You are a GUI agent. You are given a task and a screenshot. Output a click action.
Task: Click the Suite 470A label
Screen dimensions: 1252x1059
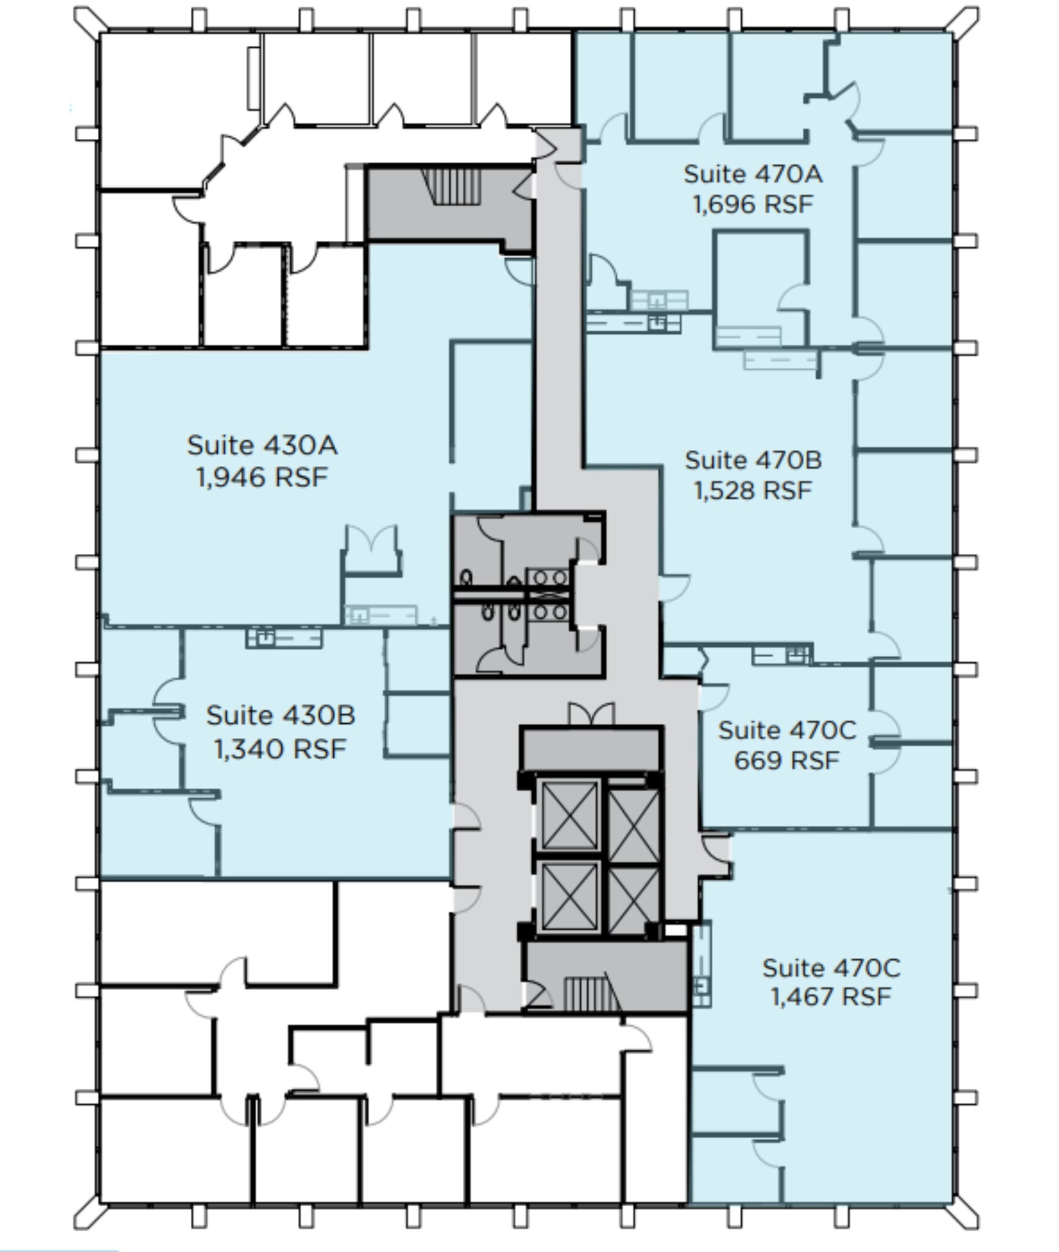753,174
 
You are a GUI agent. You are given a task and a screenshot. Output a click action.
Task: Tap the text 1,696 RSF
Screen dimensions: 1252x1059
753,205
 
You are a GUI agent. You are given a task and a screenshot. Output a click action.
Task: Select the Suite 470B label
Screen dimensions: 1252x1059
753,460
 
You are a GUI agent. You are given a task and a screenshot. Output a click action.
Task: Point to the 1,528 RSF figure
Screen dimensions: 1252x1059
753,491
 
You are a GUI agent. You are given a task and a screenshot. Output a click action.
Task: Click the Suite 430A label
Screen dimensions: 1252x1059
262,445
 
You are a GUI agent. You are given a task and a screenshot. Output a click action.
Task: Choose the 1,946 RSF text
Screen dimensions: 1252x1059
262,477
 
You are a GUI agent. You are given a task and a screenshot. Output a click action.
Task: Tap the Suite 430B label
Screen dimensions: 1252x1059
280,715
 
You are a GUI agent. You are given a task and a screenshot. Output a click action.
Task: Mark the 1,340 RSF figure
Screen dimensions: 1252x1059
280,748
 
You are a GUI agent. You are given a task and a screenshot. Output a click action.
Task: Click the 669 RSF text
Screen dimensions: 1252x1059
786,760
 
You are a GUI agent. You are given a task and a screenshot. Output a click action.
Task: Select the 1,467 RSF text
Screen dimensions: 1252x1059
830,997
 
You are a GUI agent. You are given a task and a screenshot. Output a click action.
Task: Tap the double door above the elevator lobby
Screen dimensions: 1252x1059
591,713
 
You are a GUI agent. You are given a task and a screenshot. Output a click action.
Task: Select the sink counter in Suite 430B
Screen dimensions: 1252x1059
284,638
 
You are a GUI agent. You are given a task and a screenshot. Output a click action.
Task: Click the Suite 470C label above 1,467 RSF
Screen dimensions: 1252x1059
830,968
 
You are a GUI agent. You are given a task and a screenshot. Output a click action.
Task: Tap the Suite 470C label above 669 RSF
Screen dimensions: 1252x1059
786,731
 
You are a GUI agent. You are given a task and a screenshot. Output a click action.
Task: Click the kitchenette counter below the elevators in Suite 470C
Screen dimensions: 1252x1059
702,967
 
